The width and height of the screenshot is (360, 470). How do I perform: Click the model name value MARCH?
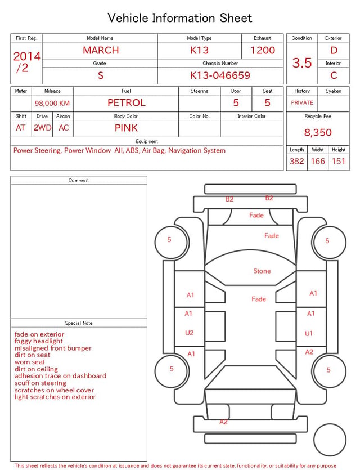pos(101,50)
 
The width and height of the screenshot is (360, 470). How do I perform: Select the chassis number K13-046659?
pos(220,75)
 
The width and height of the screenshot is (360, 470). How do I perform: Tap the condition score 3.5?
pos(302,62)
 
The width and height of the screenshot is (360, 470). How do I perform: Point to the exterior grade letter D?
pos(334,50)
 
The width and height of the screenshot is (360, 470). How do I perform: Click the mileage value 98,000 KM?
pos(52,103)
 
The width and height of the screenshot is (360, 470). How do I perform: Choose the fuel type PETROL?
pos(127,103)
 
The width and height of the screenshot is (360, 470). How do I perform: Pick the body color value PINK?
pos(126,128)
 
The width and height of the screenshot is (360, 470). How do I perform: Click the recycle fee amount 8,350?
pos(318,132)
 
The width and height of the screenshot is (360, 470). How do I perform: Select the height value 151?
pos(339,161)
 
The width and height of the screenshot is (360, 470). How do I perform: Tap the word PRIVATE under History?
pos(302,102)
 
